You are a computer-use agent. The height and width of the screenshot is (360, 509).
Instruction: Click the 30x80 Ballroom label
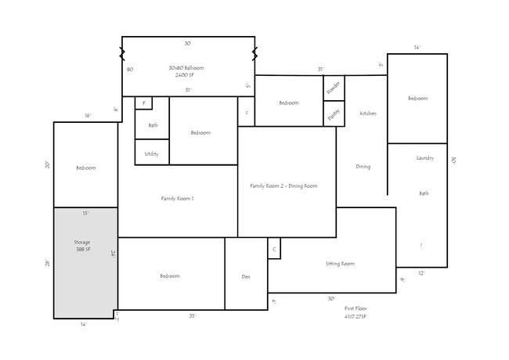188,71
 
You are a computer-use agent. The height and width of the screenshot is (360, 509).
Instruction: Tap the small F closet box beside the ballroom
144,103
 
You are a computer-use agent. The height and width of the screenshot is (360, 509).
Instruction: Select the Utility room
152,154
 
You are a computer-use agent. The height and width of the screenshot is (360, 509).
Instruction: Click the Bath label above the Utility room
153,125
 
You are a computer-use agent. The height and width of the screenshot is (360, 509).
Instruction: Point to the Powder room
334,87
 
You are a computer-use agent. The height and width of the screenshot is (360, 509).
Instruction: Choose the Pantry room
334,113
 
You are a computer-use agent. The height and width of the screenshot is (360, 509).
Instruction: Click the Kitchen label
368,113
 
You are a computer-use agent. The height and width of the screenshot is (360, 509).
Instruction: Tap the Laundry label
425,158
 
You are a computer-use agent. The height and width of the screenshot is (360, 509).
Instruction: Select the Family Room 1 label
177,199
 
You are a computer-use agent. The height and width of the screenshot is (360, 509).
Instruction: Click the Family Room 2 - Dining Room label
283,185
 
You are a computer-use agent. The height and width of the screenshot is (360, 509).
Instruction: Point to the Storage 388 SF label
83,247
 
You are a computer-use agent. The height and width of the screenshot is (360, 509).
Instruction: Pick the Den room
246,276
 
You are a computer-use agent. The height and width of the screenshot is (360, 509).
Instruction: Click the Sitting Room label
340,264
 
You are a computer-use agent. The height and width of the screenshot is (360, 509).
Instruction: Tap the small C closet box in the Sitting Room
273,249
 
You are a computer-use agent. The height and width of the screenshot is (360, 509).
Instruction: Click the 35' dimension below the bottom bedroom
192,316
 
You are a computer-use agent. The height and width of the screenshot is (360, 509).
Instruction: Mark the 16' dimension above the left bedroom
88,116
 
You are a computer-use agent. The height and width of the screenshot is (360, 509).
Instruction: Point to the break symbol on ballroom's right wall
254,54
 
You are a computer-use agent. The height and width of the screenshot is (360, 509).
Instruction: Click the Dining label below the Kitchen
363,167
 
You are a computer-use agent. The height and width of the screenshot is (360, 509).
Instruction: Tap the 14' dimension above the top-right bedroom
417,48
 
